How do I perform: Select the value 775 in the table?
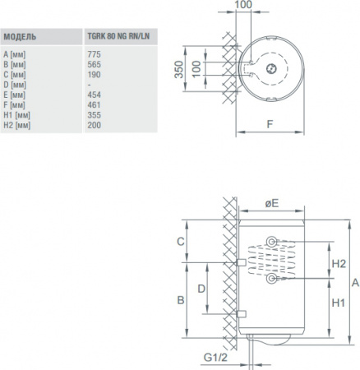(93, 53)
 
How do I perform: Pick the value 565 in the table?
(93, 62)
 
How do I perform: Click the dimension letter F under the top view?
(270, 125)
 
